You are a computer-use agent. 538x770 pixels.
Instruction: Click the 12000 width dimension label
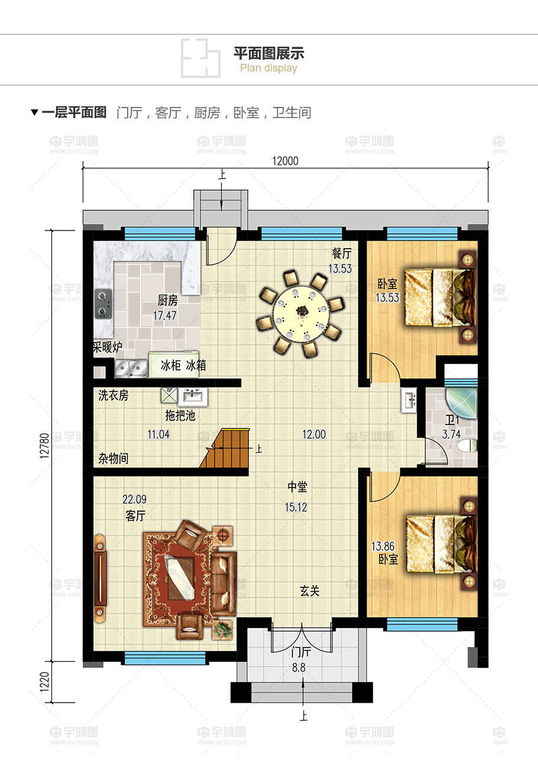pos(285,161)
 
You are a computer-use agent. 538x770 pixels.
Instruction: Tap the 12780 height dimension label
pos(45,446)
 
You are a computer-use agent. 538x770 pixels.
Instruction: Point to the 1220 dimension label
pos(45,682)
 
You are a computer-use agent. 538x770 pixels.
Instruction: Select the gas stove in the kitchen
pos(103,304)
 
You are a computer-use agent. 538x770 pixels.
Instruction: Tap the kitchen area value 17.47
pos(165,316)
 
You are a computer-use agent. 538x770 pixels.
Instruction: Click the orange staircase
pos(225,447)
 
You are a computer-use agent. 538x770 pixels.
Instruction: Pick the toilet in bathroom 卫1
pos(468,446)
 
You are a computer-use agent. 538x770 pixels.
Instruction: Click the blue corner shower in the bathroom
pos(461,404)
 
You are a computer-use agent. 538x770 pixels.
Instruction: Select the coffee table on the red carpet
pos(180,575)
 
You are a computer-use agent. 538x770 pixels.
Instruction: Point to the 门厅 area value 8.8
pos(299,667)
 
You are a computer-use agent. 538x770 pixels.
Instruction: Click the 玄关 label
pos(310,591)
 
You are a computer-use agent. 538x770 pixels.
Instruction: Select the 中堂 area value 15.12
pos(296,507)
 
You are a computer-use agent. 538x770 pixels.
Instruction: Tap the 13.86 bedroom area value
pos(383,546)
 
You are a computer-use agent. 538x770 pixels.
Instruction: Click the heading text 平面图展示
pos(268,53)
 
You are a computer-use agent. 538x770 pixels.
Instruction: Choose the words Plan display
pos(268,68)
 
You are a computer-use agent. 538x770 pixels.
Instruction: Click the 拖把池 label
pos(180,415)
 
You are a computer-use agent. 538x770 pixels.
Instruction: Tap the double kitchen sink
pos(131,369)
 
